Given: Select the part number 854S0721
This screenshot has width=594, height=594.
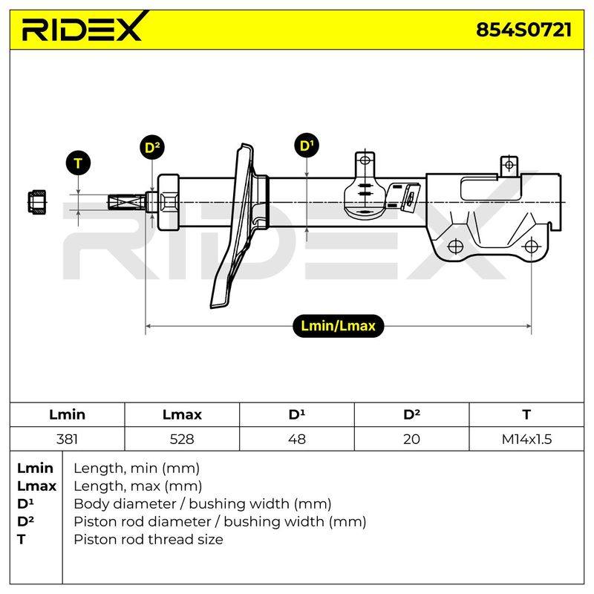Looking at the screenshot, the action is point(523,30).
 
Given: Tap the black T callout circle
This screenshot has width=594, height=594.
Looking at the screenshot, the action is point(78,163).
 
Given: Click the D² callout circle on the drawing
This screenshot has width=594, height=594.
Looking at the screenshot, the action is point(152,147).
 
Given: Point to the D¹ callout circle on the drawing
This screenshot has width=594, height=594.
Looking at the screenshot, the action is point(307,146).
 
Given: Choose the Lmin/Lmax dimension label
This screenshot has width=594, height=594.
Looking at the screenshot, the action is point(338,326).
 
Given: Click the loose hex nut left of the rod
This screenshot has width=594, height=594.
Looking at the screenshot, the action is point(36,201).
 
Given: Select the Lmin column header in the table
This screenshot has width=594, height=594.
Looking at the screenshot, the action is point(67,414).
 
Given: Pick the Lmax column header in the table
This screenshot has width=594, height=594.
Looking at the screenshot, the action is point(182,414).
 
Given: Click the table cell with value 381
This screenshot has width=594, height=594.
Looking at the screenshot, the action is point(67,439).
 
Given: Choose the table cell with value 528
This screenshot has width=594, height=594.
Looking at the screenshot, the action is point(182,439).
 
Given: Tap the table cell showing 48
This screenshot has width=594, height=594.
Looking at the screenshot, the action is point(296,439).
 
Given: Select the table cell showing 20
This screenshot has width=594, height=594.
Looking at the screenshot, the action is point(411,439).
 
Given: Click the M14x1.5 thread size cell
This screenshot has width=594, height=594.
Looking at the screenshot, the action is point(526,439).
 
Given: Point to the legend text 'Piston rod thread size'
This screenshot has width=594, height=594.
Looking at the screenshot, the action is point(148,539).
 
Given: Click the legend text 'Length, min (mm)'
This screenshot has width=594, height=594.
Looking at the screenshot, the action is point(137,469).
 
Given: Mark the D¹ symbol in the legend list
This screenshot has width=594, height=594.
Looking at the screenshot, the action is point(25,504).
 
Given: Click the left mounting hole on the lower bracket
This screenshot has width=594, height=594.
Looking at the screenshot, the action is point(455,247).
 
